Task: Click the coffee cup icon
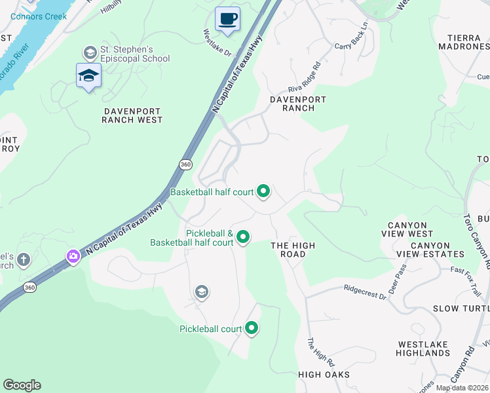click(227, 18)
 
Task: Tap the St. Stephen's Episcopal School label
click(134, 54)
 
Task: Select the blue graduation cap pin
click(88, 76)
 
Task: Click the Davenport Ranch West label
click(132, 115)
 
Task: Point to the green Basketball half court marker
click(263, 191)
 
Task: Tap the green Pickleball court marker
click(252, 329)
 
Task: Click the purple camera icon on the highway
click(73, 256)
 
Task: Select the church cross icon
click(24, 260)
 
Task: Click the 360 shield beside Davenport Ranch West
click(185, 164)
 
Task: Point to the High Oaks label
click(324, 375)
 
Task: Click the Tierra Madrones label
click(468, 43)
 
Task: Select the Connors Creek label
click(38, 16)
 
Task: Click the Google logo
click(22, 385)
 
